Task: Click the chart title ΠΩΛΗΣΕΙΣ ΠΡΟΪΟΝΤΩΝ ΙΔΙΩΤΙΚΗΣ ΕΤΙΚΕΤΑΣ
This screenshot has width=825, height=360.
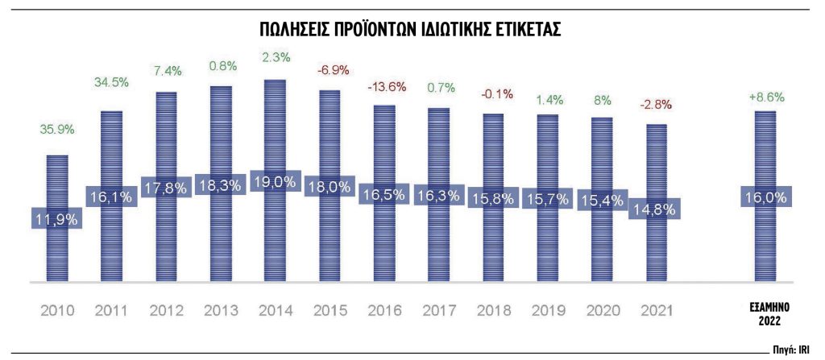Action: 412,31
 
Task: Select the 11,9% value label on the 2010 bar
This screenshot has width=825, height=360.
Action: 56,219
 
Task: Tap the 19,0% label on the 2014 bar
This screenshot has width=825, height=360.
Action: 275,182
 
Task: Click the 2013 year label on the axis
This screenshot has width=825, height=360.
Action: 221,310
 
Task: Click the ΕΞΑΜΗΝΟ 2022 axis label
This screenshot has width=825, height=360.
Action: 765,313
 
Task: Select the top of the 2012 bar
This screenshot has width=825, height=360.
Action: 165,93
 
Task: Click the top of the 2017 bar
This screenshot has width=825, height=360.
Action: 438,109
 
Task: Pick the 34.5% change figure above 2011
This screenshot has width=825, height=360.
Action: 110,82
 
